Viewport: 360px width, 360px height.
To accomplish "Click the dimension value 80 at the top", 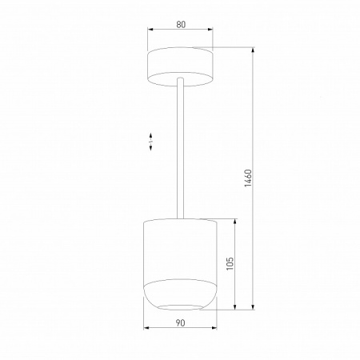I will click(181, 25).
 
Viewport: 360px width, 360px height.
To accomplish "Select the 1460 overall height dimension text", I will click(248, 178).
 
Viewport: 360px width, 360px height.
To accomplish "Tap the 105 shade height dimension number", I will click(229, 265).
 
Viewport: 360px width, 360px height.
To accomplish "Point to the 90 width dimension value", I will click(180, 322).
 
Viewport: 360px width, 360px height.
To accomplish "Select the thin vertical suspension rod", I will click(182, 152).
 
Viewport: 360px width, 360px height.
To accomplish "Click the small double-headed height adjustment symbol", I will click(151, 142).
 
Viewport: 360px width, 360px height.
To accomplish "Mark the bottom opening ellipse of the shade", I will click(180, 307).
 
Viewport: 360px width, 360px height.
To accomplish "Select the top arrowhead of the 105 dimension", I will click(234, 221).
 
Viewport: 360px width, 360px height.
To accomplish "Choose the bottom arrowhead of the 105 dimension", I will click(234, 309).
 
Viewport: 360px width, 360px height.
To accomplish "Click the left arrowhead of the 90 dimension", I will click(145, 330).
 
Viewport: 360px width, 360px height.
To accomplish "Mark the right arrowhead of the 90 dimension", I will click(217, 330).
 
